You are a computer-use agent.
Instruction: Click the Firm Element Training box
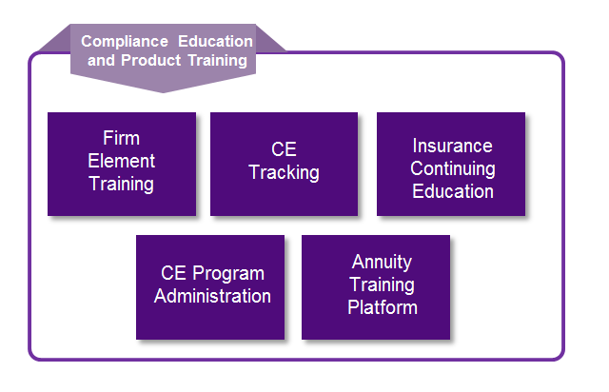coord(121,164)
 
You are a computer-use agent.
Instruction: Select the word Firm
coord(122,139)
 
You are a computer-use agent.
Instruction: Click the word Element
coord(122,161)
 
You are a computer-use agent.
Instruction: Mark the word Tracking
coord(284,173)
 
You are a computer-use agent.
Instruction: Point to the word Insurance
coord(452,147)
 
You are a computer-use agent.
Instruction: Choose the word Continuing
coord(452,168)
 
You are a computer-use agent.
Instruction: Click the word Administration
coord(212,296)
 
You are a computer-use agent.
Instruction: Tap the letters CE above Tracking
coord(284,150)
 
